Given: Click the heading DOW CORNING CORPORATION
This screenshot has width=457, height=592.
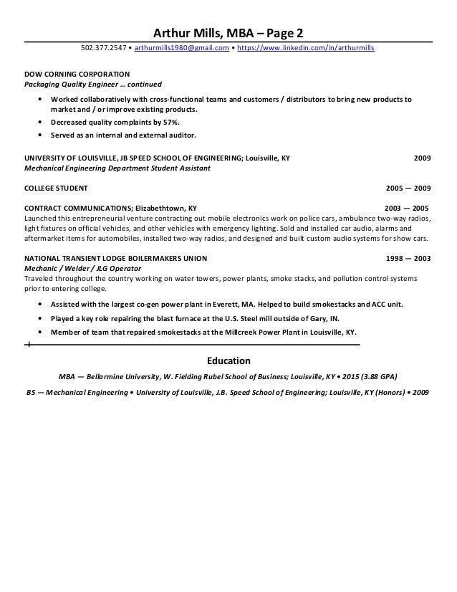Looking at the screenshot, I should (77, 73).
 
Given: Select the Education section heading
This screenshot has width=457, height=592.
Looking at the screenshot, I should (228, 361).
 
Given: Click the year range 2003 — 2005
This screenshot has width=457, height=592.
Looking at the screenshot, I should (408, 208).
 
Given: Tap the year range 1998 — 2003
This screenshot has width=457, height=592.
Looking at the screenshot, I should (408, 258).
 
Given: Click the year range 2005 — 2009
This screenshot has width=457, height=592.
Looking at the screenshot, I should (408, 188).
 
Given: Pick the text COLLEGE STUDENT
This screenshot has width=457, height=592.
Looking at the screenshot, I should (56, 188).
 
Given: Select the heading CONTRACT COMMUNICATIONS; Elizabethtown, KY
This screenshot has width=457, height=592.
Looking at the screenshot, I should (110, 208).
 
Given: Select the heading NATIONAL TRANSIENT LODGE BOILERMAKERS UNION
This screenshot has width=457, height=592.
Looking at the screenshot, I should (115, 258).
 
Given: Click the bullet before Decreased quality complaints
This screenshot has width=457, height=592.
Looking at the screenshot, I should (39, 123).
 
